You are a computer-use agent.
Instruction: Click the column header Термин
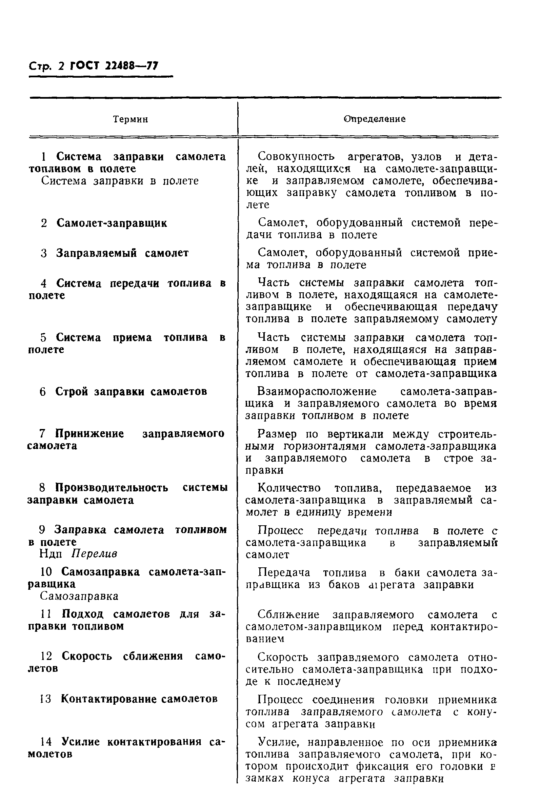pos(131,119)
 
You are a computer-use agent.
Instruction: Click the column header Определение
pos(375,119)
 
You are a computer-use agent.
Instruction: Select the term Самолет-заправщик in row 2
pos(112,223)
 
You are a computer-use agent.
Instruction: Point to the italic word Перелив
pos(95,553)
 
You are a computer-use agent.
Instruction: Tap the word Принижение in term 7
pos(89,434)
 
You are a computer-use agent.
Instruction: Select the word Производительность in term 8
pos(112,488)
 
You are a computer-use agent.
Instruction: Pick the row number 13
pos(45,699)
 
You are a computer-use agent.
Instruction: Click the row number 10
pos(46,572)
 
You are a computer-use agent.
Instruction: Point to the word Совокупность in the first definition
pos(296,156)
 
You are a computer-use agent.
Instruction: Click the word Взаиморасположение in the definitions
pos(317,392)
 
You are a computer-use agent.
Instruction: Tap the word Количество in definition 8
pos(289,488)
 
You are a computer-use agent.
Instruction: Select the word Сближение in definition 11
pos(288,614)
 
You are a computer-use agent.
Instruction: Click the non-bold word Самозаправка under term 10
pos(79,596)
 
